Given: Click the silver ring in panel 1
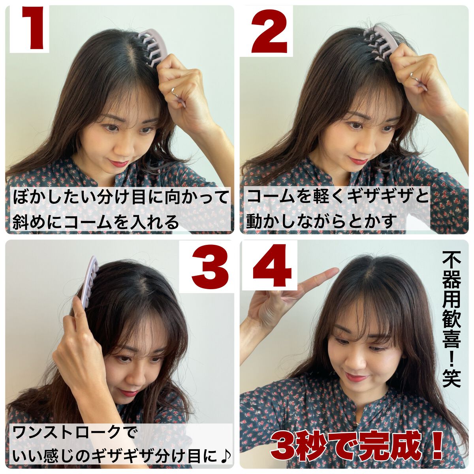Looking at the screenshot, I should (x=174, y=92).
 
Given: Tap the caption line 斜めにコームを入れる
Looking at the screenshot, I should (x=96, y=222).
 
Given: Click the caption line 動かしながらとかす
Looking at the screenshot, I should (x=320, y=222).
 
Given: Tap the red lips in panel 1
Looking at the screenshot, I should (x=120, y=162).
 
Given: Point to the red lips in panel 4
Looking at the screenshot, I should (x=355, y=378).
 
